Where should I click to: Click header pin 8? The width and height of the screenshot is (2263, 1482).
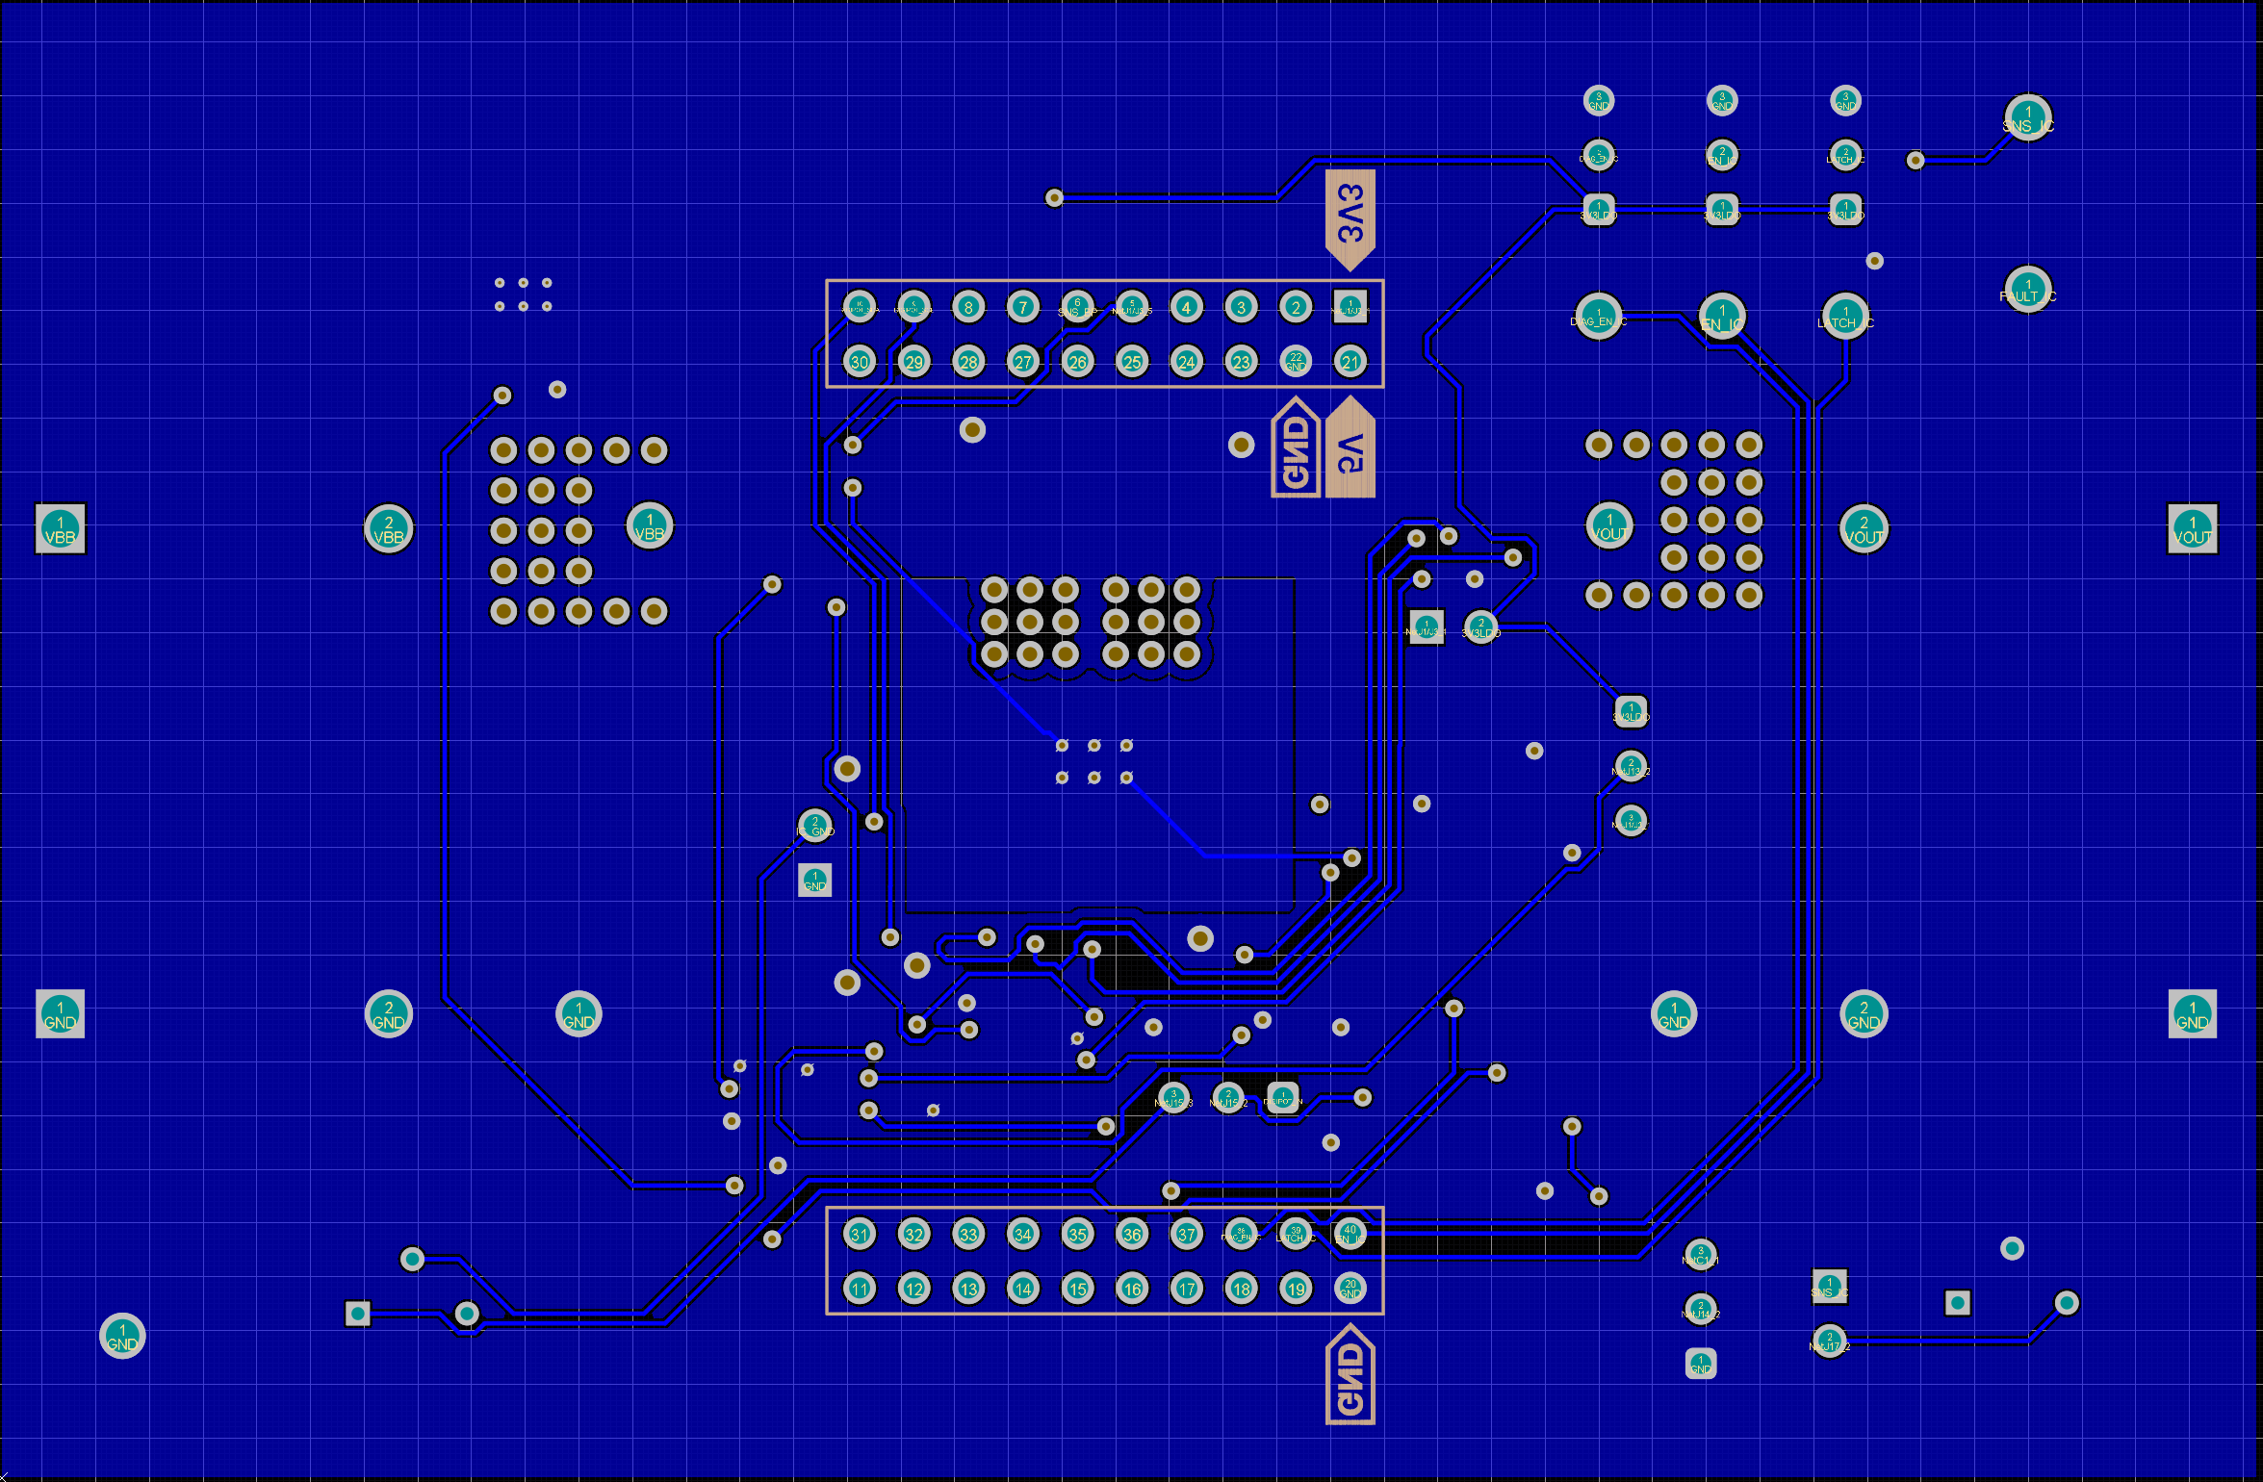point(968,307)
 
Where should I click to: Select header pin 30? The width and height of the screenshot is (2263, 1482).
point(860,362)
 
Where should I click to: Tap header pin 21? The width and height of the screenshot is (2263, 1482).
point(1350,362)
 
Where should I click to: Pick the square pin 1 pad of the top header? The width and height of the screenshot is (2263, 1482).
point(1350,307)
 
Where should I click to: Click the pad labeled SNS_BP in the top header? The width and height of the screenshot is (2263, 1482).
point(1077,307)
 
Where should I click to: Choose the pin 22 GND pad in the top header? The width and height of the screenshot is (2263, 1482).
point(1296,362)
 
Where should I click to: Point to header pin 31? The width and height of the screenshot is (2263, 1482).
point(860,1234)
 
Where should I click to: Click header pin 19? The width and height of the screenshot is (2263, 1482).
point(1296,1289)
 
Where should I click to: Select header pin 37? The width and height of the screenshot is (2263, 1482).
point(1187,1234)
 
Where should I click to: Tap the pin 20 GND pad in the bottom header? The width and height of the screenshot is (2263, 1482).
point(1350,1289)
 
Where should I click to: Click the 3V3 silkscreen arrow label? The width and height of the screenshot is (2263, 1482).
point(1350,217)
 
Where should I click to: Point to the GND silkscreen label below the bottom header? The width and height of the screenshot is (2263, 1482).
point(1350,1375)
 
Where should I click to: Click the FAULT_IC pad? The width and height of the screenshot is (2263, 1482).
point(2028,290)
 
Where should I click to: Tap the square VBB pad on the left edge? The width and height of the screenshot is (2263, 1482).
point(61,529)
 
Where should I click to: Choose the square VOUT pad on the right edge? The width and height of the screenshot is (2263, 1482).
point(2193,529)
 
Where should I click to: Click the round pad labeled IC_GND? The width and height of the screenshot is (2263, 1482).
point(815,826)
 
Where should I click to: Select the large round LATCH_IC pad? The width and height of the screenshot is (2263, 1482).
point(1845,316)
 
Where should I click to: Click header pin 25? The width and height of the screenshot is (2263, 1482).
point(1132,362)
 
